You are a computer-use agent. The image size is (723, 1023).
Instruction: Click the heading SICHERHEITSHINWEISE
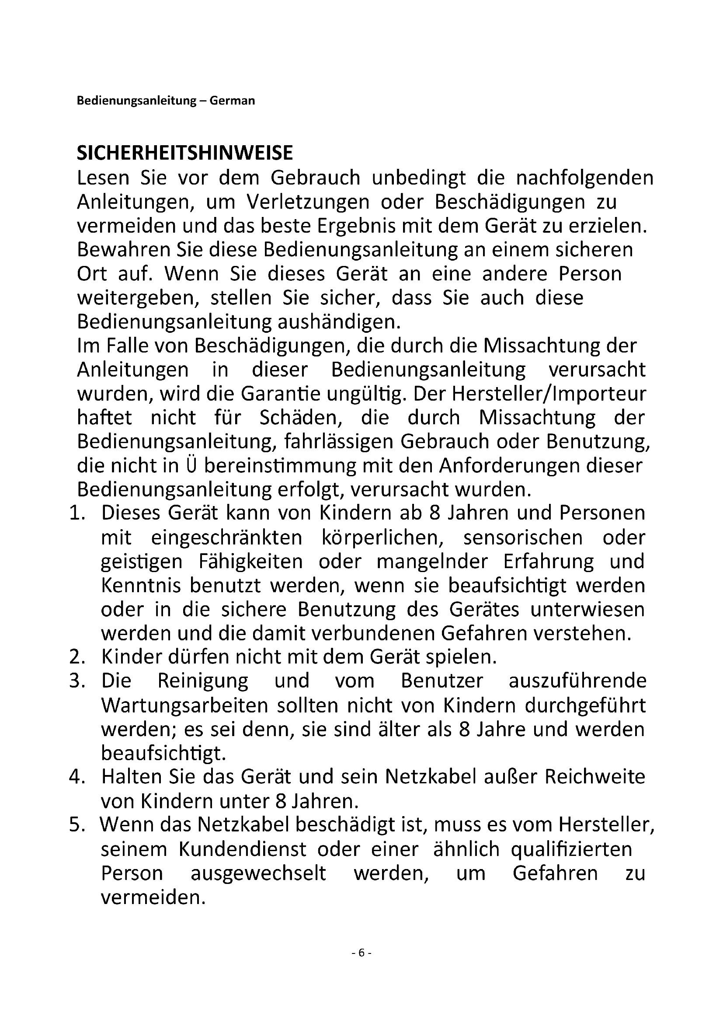[x=185, y=153]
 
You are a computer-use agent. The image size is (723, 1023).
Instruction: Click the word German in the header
[x=232, y=101]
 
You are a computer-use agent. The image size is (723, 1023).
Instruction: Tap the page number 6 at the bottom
[x=361, y=953]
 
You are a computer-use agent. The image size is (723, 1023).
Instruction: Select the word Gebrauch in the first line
[x=315, y=178]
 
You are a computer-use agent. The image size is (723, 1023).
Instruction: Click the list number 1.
[x=76, y=513]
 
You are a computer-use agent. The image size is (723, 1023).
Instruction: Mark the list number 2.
[x=76, y=657]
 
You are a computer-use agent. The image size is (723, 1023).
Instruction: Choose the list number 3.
[x=76, y=681]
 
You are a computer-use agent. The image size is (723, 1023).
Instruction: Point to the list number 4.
[x=76, y=777]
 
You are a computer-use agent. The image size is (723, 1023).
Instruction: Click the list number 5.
[x=76, y=825]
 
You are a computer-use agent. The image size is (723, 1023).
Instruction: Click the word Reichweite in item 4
[x=595, y=777]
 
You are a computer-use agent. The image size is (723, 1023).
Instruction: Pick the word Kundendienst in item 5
[x=243, y=849]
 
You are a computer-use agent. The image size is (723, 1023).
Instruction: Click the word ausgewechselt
[x=258, y=873]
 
